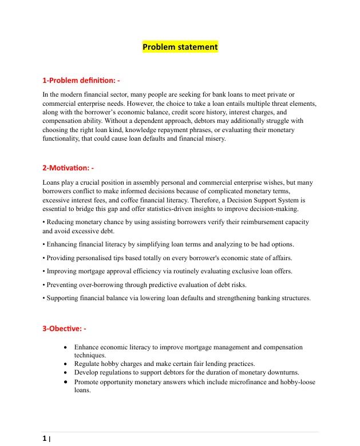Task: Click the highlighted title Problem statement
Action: tap(180, 47)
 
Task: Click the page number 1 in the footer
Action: tap(45, 439)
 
